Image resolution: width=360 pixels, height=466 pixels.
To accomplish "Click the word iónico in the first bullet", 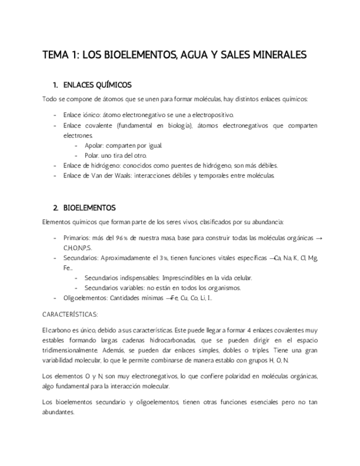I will click(91, 115).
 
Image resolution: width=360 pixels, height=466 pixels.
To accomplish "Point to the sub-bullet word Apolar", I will click(94, 145).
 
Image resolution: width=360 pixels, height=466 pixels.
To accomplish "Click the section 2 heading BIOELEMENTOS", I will click(90, 208).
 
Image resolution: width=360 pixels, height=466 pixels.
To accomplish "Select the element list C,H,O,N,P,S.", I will click(77, 248).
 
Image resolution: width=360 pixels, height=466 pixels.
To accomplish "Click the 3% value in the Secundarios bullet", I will click(163, 258).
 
